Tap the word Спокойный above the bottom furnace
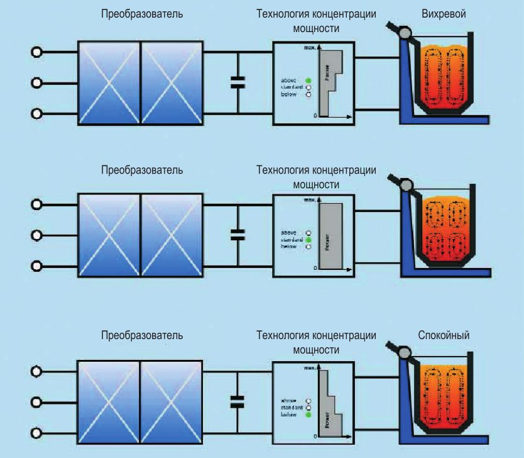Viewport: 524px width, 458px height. tap(444, 335)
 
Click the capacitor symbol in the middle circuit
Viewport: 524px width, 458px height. tap(237, 235)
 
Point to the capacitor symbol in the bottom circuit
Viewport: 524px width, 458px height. tap(237, 402)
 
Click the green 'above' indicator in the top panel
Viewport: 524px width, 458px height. tap(308, 81)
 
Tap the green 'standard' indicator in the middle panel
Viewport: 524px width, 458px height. tap(308, 240)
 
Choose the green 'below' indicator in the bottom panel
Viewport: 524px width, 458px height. tap(308, 415)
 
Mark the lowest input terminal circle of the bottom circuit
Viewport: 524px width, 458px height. tap(36, 433)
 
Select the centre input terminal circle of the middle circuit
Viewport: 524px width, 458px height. tap(36, 235)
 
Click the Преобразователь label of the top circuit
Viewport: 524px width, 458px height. tap(143, 14)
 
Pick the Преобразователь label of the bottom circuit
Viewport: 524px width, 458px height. tap(143, 335)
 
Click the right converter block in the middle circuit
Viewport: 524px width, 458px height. tap(172, 235)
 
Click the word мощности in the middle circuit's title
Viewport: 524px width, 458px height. tap(316, 185)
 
